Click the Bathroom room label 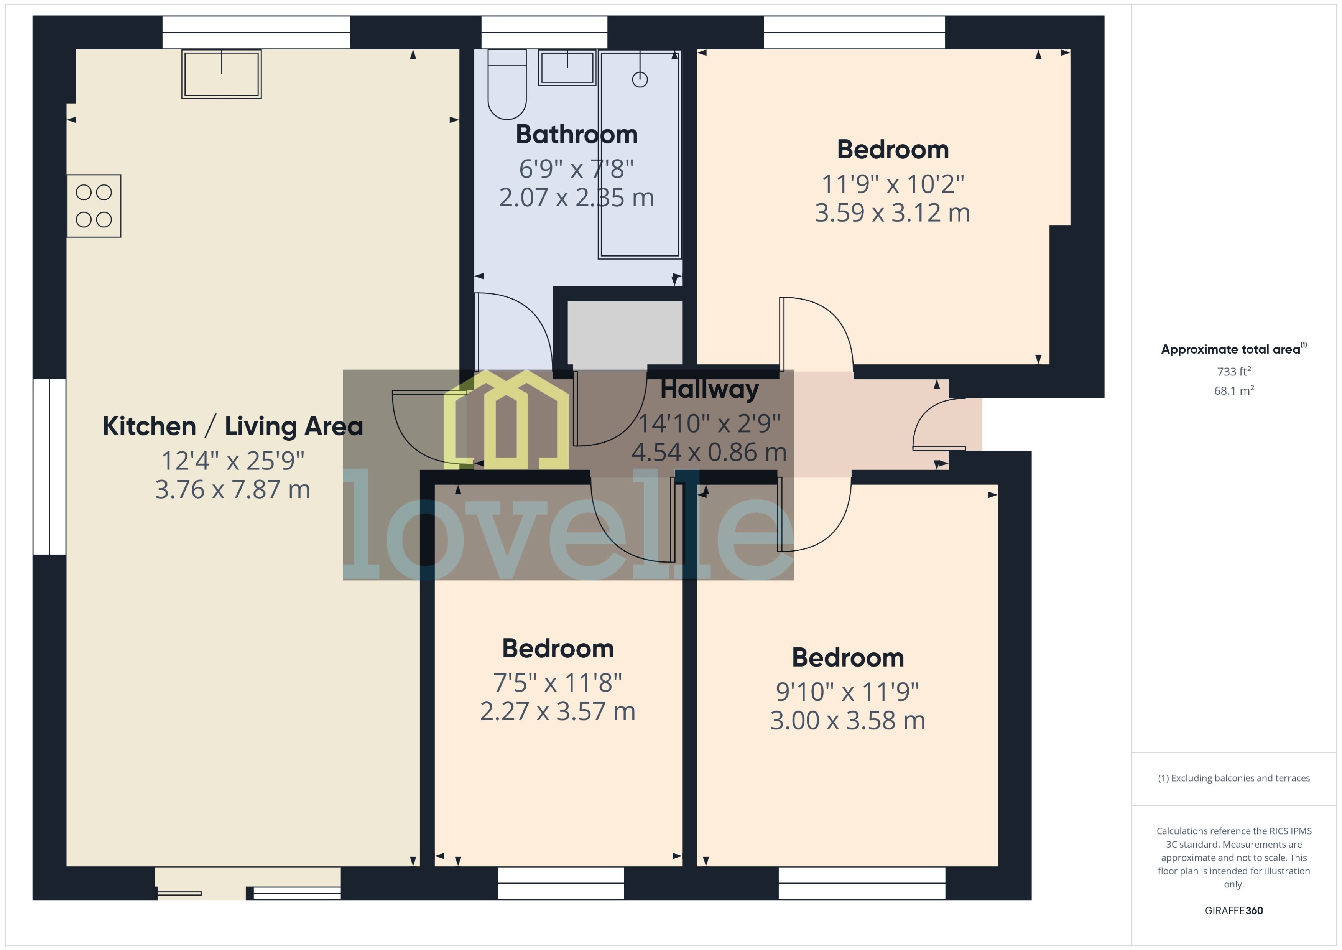[x=576, y=135]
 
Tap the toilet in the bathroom [x=507, y=88]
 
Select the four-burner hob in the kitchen [x=94, y=206]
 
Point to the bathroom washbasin [x=567, y=68]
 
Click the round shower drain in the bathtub [x=640, y=79]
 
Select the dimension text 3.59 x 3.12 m [x=892, y=213]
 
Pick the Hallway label [x=709, y=389]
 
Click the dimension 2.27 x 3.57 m [x=557, y=711]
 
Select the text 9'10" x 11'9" [x=847, y=692]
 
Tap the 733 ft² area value [x=1233, y=372]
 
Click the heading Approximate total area [x=1231, y=349]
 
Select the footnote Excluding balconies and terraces [x=1233, y=778]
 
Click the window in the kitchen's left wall [x=49, y=466]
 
